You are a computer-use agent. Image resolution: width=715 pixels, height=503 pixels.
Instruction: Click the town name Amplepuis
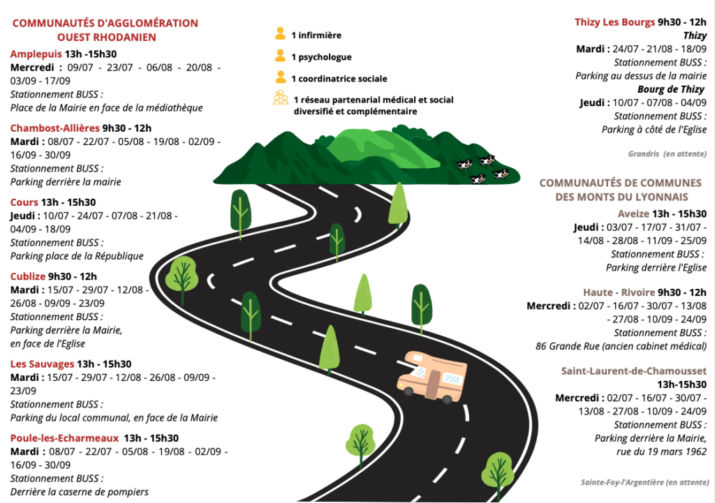(36, 54)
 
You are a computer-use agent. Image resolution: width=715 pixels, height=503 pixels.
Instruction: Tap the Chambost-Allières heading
(54, 128)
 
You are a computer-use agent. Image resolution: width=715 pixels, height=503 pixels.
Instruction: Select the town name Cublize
(28, 276)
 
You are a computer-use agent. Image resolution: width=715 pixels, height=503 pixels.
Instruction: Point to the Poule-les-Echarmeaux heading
(64, 438)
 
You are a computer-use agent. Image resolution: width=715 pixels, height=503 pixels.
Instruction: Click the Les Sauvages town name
(42, 364)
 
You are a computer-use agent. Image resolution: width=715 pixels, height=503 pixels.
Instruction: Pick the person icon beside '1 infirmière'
(280, 33)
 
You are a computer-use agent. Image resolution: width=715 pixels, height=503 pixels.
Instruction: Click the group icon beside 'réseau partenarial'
(281, 98)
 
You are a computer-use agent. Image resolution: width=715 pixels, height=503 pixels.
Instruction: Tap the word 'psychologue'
(325, 57)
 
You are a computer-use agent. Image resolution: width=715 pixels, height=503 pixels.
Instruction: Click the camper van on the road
(432, 377)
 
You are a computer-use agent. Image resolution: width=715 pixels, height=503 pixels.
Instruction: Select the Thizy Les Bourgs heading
(614, 22)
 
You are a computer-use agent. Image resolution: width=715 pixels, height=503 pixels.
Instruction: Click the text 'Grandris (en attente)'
(667, 154)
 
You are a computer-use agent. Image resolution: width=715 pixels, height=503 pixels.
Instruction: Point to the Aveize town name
(633, 213)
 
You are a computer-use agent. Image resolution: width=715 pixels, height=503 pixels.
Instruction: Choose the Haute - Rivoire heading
(619, 292)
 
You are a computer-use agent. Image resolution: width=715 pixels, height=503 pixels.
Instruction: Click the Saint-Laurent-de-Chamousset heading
(634, 371)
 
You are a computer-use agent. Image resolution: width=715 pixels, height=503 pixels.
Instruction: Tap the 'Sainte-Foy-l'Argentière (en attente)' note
(644, 482)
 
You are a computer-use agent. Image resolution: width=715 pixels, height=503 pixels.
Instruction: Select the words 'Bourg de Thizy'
(671, 89)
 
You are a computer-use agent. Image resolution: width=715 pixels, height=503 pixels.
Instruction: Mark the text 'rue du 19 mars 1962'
(661, 451)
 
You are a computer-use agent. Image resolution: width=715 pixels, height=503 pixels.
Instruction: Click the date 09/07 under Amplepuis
(80, 68)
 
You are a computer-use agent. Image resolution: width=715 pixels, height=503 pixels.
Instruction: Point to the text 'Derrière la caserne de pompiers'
(80, 492)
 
